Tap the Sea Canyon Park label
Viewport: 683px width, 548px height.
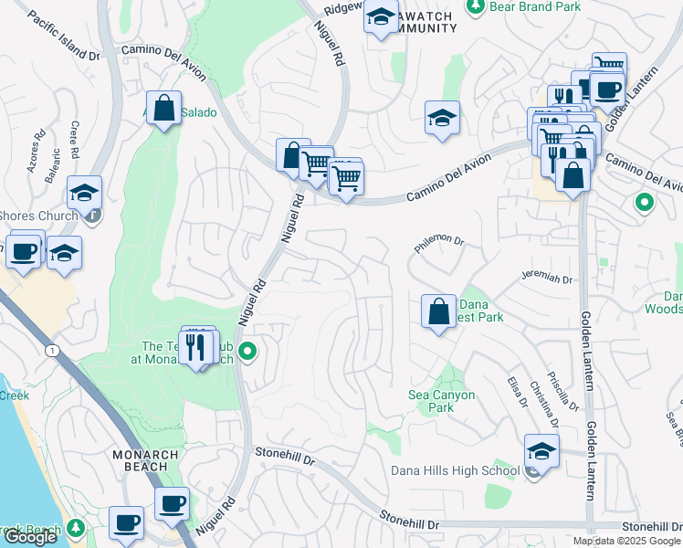[x=442, y=401]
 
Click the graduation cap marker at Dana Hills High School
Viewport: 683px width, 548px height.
[x=541, y=452]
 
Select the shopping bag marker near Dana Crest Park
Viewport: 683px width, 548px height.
[x=439, y=311]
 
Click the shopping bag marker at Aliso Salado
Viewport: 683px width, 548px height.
[x=164, y=109]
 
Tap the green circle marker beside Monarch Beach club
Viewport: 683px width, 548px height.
[x=247, y=351]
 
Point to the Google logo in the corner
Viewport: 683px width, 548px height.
[x=29, y=536]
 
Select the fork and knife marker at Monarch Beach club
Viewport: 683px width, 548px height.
[x=195, y=347]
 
